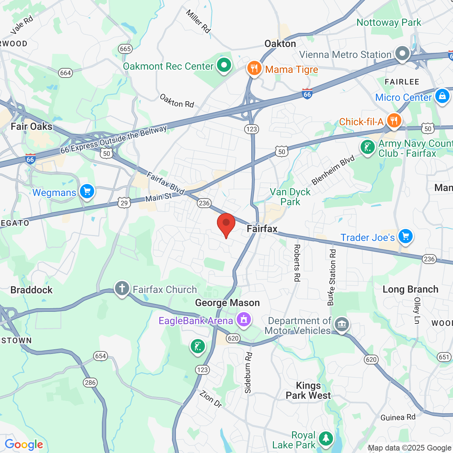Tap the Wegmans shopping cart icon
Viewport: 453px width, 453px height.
point(87,191)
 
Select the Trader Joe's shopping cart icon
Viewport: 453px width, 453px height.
point(406,236)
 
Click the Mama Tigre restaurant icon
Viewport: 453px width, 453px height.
point(254,68)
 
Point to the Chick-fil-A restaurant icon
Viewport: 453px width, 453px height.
point(394,120)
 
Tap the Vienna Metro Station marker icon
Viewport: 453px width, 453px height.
point(402,53)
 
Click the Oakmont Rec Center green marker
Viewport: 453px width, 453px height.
point(224,65)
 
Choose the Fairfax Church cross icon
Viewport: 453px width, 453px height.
point(122,288)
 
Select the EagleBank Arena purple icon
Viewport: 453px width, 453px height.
point(244,320)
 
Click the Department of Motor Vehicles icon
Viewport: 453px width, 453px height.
point(342,324)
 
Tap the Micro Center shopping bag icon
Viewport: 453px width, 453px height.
point(442,96)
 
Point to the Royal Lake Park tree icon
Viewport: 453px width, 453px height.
point(326,438)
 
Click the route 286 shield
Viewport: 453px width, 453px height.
point(90,382)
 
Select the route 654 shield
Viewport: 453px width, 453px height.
point(101,356)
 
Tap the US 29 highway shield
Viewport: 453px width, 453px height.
point(124,203)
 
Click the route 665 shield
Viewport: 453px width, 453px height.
point(126,49)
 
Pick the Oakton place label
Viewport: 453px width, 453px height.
point(280,44)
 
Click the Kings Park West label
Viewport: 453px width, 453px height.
point(308,391)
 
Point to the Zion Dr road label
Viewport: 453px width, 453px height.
point(211,399)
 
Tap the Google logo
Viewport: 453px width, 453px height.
point(24,445)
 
